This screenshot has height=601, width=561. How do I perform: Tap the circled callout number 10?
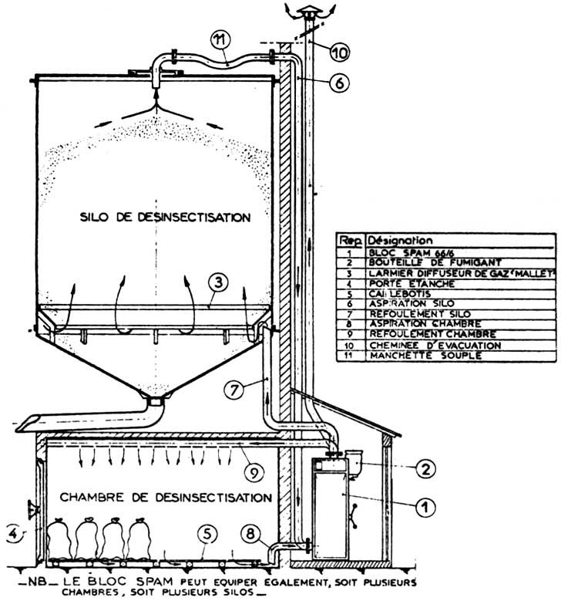340,52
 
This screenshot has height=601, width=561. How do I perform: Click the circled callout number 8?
249,532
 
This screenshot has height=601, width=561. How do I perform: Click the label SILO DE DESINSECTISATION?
165,218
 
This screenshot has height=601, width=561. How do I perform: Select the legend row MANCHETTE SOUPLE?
423,355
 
